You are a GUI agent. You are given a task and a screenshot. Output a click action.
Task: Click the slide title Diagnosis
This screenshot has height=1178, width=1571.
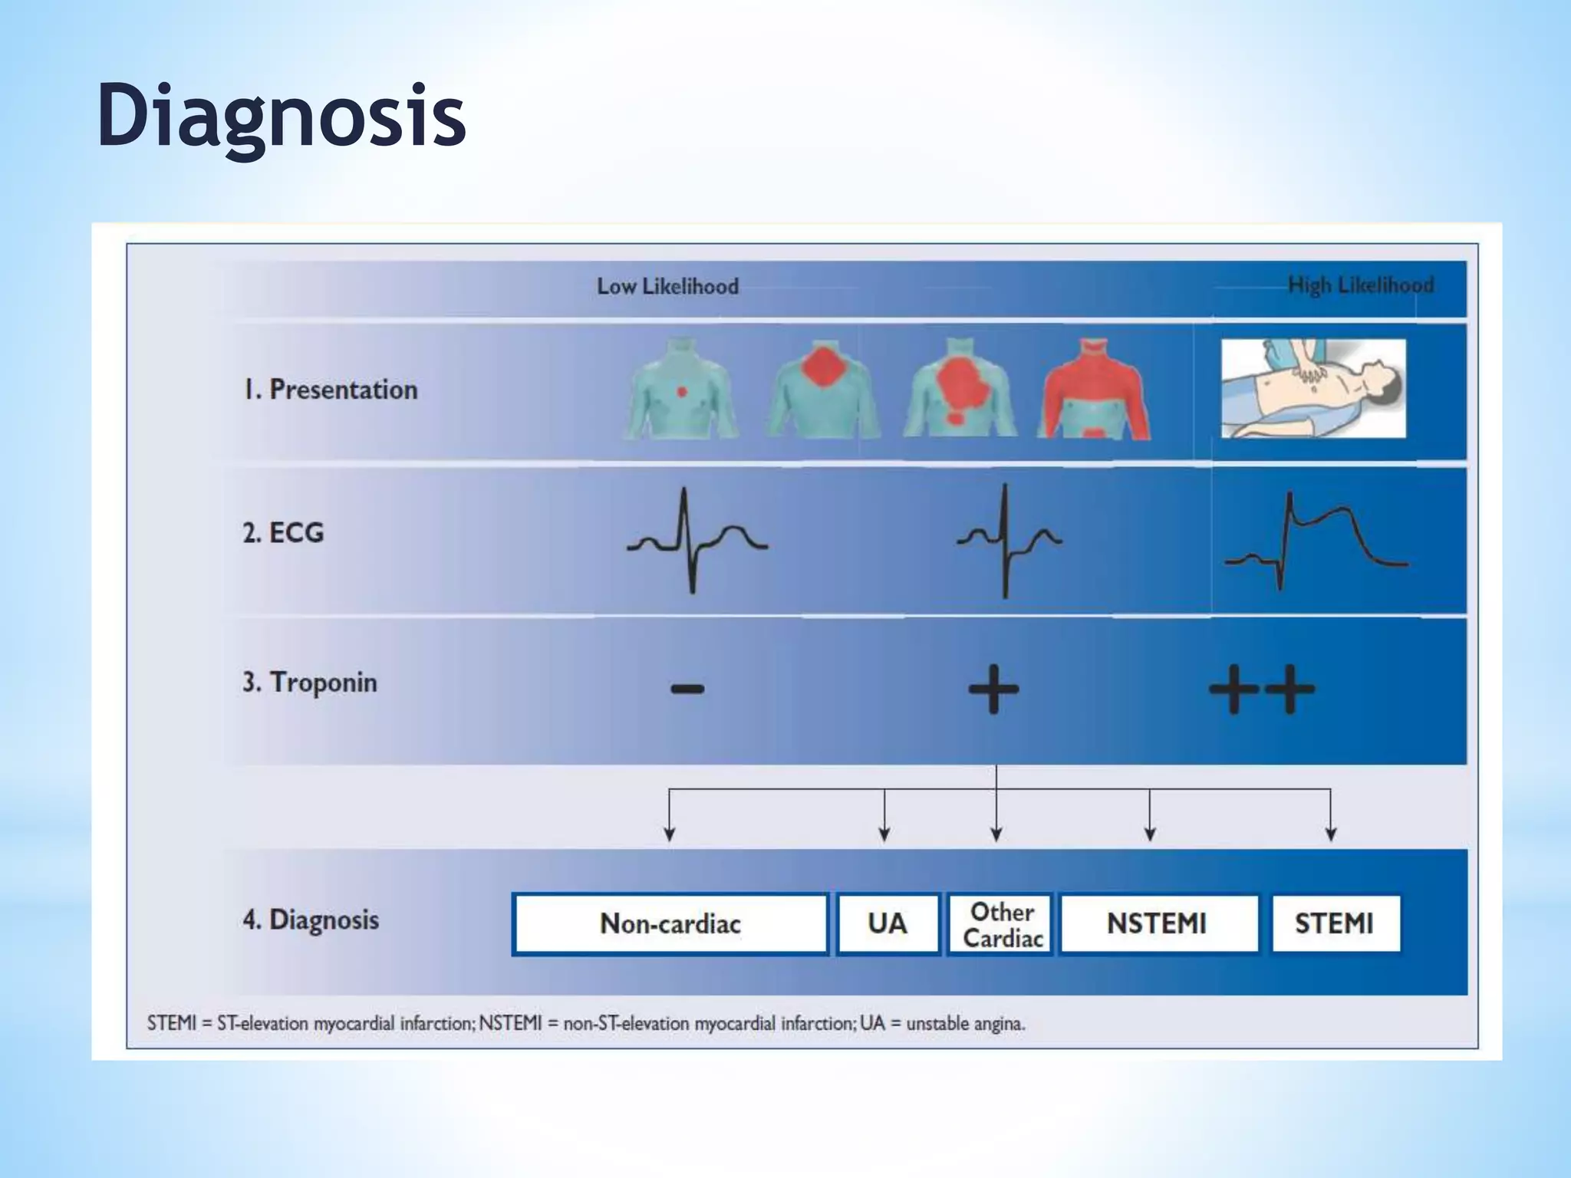pyautogui.click(x=282, y=117)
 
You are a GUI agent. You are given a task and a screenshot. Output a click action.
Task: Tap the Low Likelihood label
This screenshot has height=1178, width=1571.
pyautogui.click(x=667, y=287)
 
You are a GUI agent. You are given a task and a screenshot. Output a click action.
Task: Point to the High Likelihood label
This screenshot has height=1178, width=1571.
pyautogui.click(x=1360, y=285)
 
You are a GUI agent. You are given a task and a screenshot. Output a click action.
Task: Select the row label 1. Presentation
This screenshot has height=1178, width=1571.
pyautogui.click(x=331, y=390)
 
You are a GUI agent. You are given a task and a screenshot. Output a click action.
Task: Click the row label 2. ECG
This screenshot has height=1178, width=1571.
pyautogui.click(x=283, y=532)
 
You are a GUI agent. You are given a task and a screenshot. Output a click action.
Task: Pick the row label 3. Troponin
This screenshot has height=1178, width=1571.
pyautogui.click(x=310, y=682)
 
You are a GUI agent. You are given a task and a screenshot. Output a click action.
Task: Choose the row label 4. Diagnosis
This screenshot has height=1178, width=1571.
pyautogui.click(x=311, y=919)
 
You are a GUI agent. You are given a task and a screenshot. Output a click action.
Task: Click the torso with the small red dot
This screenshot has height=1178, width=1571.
pyautogui.click(x=680, y=390)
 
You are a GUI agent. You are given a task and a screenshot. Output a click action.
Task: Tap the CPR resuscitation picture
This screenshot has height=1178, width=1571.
pyautogui.click(x=1313, y=389)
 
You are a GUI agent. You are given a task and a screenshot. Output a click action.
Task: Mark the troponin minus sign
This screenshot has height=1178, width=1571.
pyautogui.click(x=687, y=688)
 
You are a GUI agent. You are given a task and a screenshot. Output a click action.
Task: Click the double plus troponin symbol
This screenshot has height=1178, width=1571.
pyautogui.click(x=1262, y=689)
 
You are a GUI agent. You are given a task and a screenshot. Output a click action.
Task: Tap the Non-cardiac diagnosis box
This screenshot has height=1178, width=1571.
pyautogui.click(x=670, y=923)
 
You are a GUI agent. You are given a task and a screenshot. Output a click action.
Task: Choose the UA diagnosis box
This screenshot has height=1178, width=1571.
pyautogui.click(x=888, y=923)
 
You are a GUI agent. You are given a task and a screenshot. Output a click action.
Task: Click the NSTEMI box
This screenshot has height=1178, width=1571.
pyautogui.click(x=1158, y=923)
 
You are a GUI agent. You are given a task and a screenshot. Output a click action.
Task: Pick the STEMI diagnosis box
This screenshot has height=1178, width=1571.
pyautogui.click(x=1335, y=923)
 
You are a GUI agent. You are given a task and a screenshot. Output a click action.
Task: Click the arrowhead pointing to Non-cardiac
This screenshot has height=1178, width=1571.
pyautogui.click(x=670, y=834)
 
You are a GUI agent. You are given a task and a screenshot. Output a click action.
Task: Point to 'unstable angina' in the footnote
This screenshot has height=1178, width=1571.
pyautogui.click(x=965, y=1023)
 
